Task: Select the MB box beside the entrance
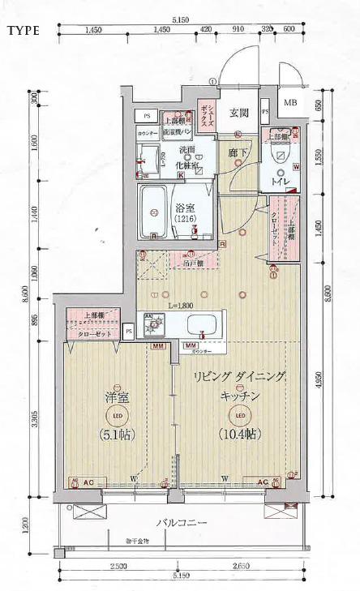[289, 103]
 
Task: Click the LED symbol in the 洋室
[117, 416]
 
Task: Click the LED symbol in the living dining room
[238, 416]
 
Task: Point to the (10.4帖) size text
[238, 435]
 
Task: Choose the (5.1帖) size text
[117, 435]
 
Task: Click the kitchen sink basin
[199, 327]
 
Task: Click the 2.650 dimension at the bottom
[238, 565]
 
